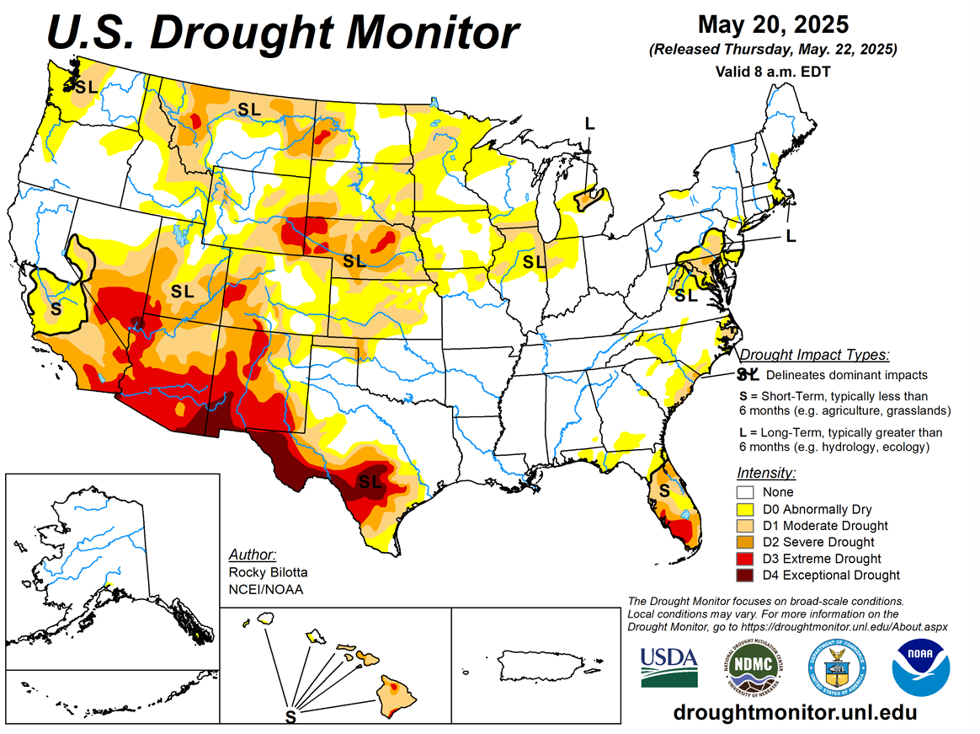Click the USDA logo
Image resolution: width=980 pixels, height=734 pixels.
(x=668, y=666)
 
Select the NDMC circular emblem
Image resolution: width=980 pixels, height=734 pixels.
(x=752, y=666)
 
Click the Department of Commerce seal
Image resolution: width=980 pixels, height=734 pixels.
(x=837, y=666)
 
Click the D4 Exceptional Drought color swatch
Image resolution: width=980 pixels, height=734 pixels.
(x=745, y=575)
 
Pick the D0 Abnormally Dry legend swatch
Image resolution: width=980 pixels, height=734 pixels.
(x=745, y=509)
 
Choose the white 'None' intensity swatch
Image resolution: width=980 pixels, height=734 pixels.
(x=745, y=492)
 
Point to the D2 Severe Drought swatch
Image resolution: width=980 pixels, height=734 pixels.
(x=745, y=542)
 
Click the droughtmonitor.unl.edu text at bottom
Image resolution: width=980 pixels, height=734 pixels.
(x=795, y=712)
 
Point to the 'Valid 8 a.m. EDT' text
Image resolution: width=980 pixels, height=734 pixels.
(x=773, y=72)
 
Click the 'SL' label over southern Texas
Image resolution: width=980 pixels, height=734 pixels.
(x=370, y=481)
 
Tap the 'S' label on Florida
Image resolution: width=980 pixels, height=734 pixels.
(x=664, y=490)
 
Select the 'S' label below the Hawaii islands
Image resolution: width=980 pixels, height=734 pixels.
(x=290, y=717)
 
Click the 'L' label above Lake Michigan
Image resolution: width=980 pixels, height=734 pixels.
(x=589, y=124)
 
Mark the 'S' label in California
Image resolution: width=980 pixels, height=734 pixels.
(x=56, y=308)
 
